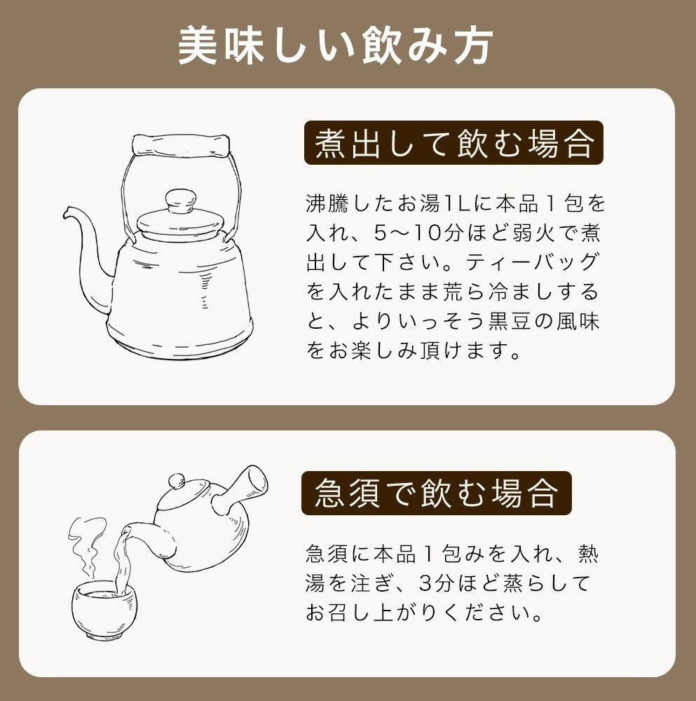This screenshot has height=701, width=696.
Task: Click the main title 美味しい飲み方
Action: coord(336,47)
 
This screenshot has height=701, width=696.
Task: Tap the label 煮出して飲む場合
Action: coord(453,143)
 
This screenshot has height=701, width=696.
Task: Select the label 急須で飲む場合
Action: coord(436,493)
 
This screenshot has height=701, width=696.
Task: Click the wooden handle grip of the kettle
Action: coord(181,145)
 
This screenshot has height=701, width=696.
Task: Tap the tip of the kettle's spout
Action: coord(68,212)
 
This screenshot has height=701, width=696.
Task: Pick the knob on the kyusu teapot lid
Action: coord(177,481)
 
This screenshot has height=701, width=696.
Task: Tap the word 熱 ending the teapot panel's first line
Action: coord(587,554)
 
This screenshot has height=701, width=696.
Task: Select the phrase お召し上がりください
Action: coord(423,613)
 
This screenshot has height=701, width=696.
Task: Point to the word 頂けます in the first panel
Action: coord(471,350)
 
